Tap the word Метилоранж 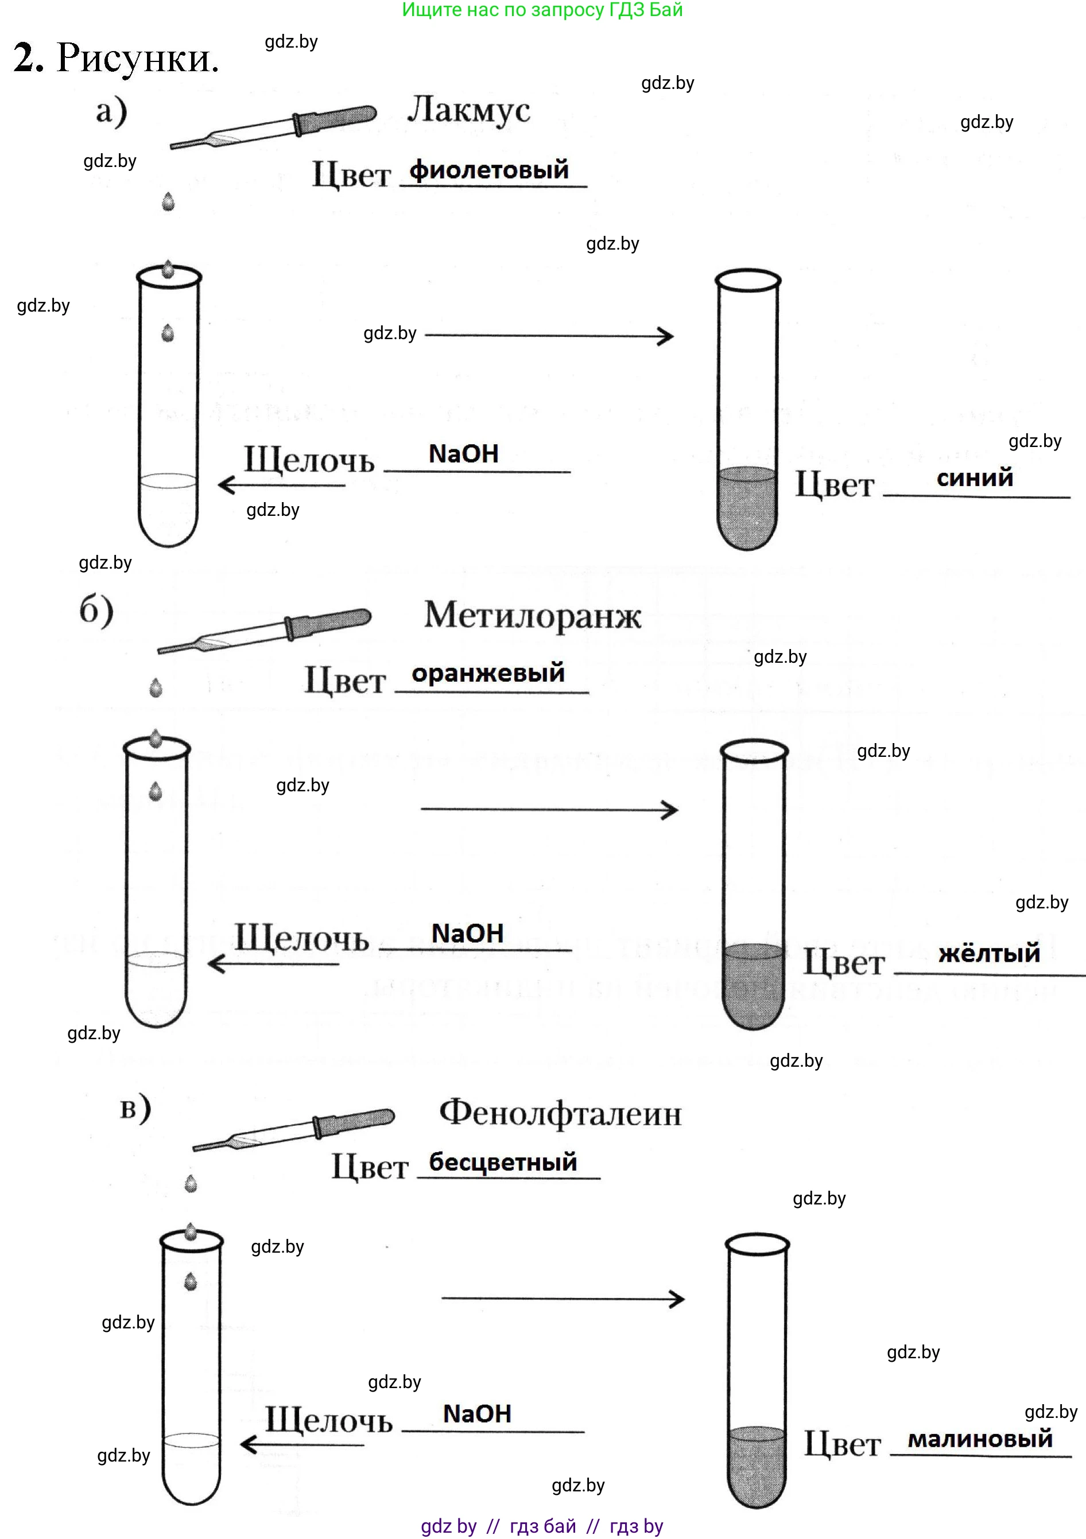tap(532, 615)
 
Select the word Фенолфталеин tap(560, 1113)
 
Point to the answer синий tap(974, 478)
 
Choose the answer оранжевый tap(488, 673)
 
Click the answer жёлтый tap(989, 953)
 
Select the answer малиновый tap(979, 1439)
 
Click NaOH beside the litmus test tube tap(463, 454)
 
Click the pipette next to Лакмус tap(274, 127)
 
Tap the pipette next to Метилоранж tap(265, 630)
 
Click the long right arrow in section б tap(549, 810)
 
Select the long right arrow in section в tap(563, 1299)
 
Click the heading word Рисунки tap(137, 59)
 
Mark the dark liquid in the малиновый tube tap(756, 1468)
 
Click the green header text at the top tap(542, 10)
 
